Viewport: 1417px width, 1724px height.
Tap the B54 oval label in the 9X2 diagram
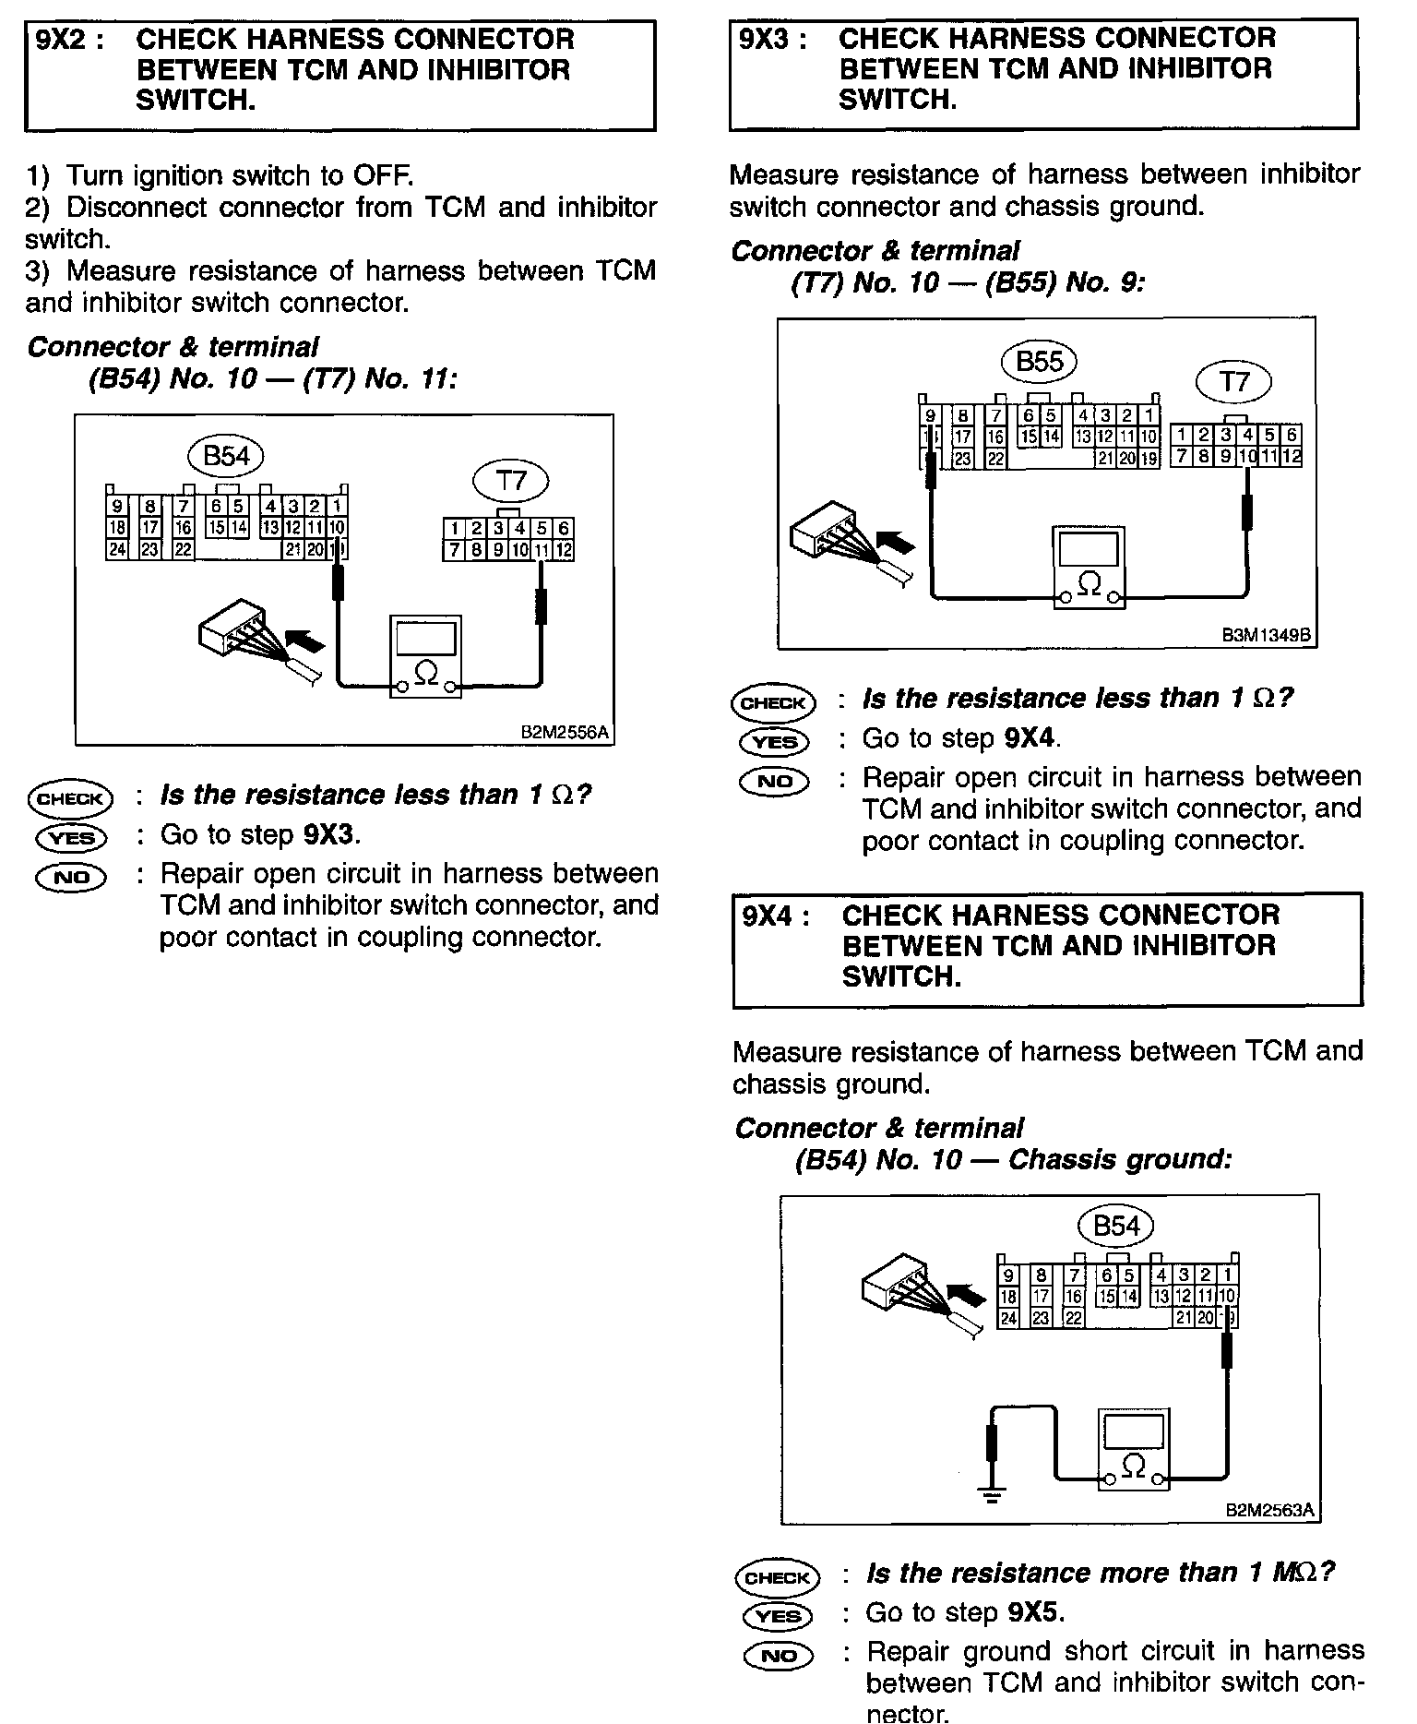(225, 456)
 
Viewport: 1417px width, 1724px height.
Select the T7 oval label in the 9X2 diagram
(510, 481)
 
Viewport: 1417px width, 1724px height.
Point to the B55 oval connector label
(1039, 362)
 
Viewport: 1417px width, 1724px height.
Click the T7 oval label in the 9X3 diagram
(1232, 381)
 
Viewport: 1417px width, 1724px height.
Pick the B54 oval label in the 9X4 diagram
(1115, 1227)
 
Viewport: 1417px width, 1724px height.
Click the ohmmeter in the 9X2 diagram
(424, 654)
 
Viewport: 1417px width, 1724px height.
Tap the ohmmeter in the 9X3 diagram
(1089, 567)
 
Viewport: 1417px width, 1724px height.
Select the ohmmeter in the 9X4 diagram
(1134, 1448)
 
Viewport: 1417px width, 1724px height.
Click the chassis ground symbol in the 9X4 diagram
(992, 1496)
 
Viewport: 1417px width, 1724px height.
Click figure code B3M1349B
(1267, 636)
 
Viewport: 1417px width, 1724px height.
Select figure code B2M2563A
(1269, 1512)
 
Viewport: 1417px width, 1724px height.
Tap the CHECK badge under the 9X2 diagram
(70, 797)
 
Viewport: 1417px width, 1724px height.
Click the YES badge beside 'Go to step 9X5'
(777, 1616)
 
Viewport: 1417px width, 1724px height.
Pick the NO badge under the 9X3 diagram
(773, 781)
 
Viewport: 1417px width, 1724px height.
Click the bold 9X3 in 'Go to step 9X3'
(328, 834)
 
